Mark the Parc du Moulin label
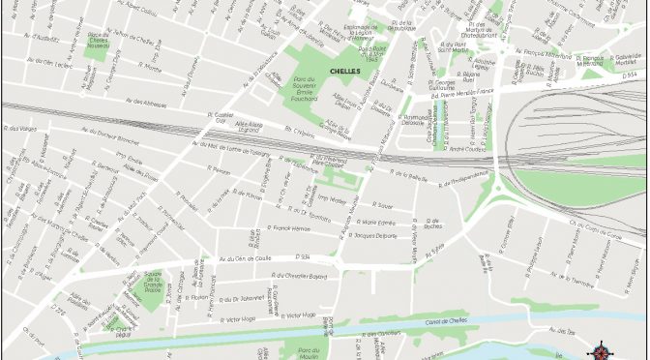(x=309, y=354)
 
